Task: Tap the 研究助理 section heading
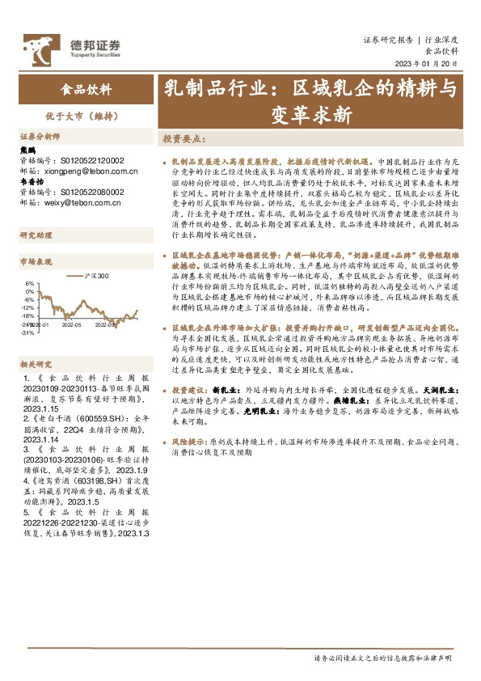coord(36,235)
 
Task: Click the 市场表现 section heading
coord(36,262)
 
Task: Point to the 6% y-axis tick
coord(29,284)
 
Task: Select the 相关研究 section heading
coord(36,342)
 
